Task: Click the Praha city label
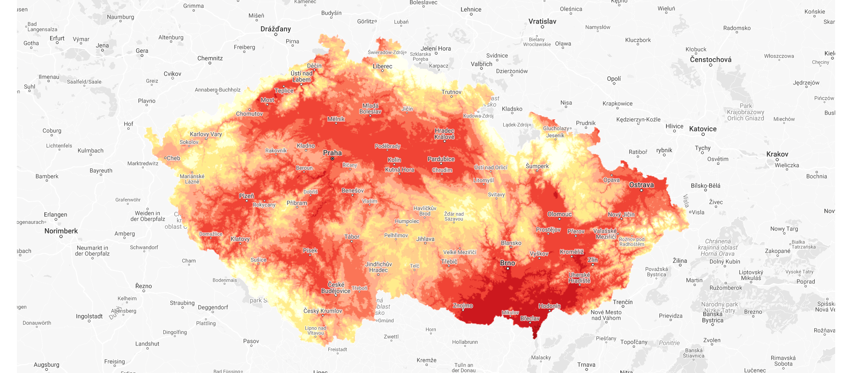pos(332,153)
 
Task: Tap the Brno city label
pos(508,263)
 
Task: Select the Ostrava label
pos(641,185)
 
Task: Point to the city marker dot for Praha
pos(332,159)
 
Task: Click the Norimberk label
pos(61,231)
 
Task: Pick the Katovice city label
pos(703,129)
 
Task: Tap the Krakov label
pos(777,154)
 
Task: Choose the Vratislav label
pos(542,21)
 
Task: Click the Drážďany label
pos(276,29)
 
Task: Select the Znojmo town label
pos(463,306)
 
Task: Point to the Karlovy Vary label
pos(206,134)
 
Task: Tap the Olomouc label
pos(560,214)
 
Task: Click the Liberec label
pos(383,66)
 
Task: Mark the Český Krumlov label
pos(323,311)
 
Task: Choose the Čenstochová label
pos(711,60)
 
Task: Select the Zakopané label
pos(777,251)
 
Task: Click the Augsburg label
pos(47,365)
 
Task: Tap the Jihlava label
pos(425,239)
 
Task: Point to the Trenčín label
pos(623,302)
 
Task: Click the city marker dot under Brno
pos(508,268)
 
